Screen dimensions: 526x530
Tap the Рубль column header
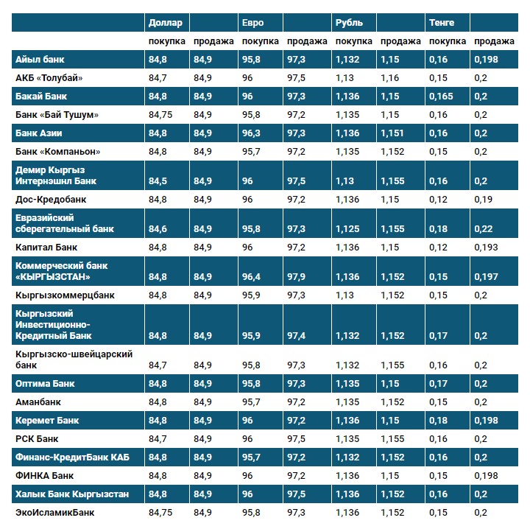point(348,23)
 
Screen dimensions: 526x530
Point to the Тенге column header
point(442,23)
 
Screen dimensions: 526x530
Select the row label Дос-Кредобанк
point(51,199)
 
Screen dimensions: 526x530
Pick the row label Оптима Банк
point(45,384)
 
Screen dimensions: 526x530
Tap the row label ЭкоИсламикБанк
point(55,512)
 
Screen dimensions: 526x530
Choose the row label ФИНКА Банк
point(45,475)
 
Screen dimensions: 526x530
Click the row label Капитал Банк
point(46,248)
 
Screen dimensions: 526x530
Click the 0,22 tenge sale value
point(483,229)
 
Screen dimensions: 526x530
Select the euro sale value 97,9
point(297,277)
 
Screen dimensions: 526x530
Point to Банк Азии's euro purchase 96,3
point(252,133)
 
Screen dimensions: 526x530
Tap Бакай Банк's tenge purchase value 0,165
point(441,96)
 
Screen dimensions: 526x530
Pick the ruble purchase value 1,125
point(347,229)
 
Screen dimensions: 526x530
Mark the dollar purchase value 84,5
point(158,180)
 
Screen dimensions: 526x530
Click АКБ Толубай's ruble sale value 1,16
point(390,77)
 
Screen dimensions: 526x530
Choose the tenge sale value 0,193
point(486,248)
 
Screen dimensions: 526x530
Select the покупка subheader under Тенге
point(447,41)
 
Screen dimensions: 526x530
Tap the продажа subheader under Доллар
point(213,41)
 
